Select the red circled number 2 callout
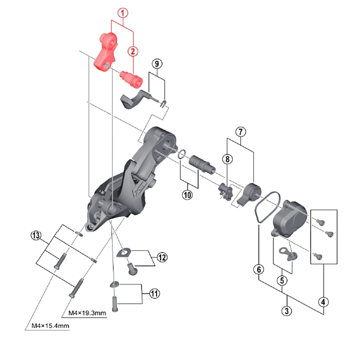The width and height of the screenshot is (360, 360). (x=133, y=51)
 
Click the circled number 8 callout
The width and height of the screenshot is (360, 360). (x=227, y=159)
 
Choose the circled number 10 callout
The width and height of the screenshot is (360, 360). (x=187, y=195)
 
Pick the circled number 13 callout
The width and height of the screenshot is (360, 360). (x=36, y=235)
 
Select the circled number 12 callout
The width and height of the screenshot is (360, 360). (x=162, y=257)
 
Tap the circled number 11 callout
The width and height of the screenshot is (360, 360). (x=154, y=293)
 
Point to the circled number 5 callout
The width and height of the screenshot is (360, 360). (x=282, y=281)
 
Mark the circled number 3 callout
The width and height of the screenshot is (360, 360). (x=287, y=310)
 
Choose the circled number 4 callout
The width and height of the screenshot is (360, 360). (x=323, y=302)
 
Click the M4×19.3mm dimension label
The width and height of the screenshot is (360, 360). (x=87, y=313)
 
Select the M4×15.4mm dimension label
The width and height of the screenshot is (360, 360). (x=51, y=325)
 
